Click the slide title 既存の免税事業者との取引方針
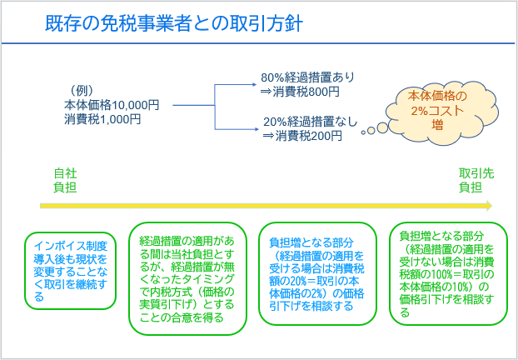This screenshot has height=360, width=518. [x=174, y=24]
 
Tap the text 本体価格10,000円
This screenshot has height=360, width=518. [x=112, y=105]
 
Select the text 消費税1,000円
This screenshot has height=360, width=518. [x=102, y=119]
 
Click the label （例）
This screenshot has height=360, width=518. [x=82, y=91]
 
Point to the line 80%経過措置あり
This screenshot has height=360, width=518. [x=307, y=77]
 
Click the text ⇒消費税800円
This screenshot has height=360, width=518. [x=300, y=92]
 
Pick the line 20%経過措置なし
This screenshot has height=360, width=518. [x=311, y=122]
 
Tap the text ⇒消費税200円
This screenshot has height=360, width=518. [x=302, y=136]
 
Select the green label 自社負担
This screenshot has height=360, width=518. [x=65, y=180]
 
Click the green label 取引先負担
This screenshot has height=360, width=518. [x=476, y=180]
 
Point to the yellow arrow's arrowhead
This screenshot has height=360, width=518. [x=489, y=206]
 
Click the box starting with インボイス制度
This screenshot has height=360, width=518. [x=70, y=271]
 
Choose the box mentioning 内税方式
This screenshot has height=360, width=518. [x=187, y=278]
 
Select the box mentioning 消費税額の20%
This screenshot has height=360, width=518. [x=317, y=273]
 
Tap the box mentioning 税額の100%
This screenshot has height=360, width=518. [x=448, y=273]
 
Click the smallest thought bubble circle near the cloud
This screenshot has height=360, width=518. [x=363, y=132]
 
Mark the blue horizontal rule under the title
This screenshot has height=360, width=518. [x=258, y=43]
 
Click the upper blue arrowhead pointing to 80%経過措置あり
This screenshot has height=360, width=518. [x=254, y=85]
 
